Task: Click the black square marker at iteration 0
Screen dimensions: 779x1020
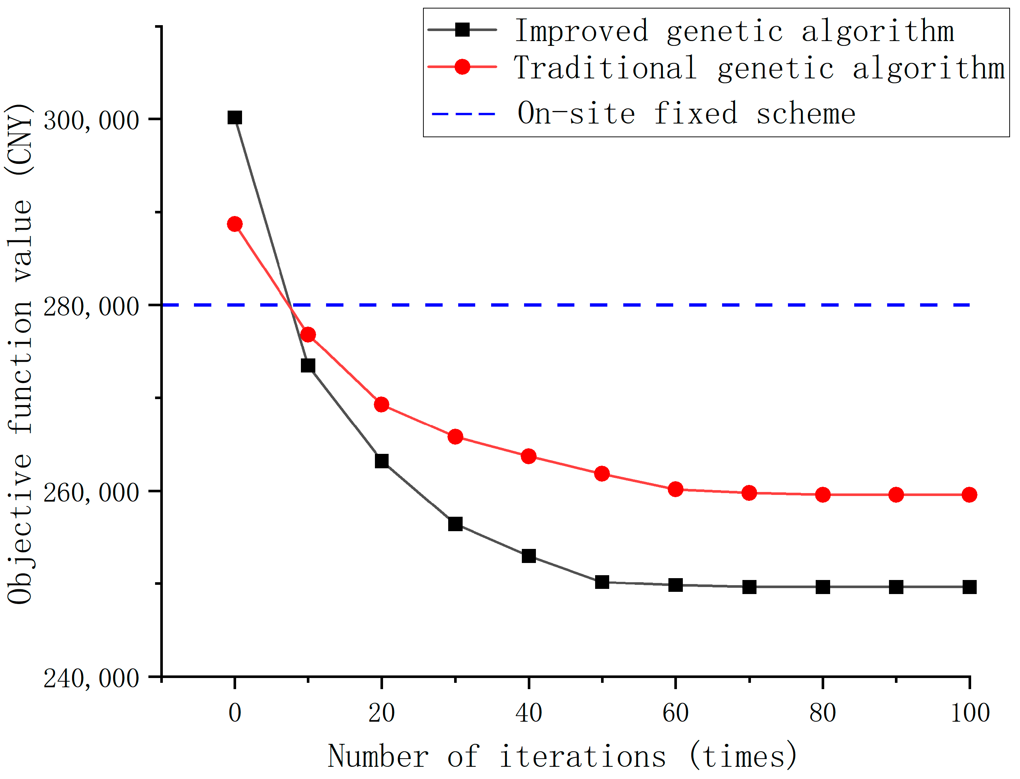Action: point(235,118)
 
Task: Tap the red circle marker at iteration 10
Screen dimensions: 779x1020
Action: point(308,335)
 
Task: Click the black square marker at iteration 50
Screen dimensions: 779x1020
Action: point(602,582)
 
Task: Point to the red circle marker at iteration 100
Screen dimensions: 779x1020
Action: point(969,495)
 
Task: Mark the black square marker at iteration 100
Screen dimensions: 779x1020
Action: point(969,587)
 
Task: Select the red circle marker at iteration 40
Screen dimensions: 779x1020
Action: point(529,456)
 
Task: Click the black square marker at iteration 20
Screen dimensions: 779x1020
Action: point(382,461)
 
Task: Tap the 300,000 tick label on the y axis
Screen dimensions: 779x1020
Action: point(91,121)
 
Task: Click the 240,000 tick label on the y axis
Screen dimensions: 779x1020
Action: point(91,679)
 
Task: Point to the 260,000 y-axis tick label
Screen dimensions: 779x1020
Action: point(91,492)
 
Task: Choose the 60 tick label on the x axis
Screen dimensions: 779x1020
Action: point(675,713)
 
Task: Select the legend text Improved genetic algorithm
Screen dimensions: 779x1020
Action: point(735,31)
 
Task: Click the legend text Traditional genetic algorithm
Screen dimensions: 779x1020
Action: point(759,68)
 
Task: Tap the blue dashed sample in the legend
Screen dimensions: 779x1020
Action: point(463,114)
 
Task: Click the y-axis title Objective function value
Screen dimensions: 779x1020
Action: point(20,354)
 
